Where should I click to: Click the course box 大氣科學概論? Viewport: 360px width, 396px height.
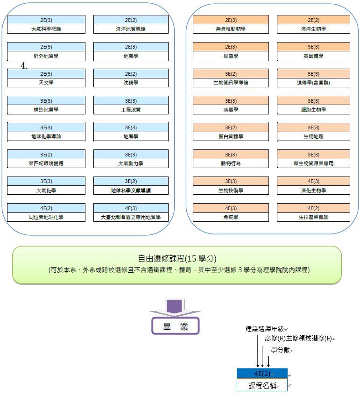pos(46,29)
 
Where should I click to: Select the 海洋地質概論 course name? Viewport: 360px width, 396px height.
pos(131,29)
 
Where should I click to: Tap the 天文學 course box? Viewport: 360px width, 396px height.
pos(46,83)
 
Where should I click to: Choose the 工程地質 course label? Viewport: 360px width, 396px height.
pos(131,110)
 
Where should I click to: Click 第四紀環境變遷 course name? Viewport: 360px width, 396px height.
pos(46,163)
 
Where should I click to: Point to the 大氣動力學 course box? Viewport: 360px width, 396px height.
pos(131,163)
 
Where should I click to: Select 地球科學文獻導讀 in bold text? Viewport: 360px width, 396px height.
pos(131,191)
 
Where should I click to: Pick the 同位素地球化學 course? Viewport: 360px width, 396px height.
pos(46,217)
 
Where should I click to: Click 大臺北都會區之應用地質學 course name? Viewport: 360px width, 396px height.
pos(131,217)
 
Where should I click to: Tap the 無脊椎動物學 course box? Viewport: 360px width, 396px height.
pos(231,29)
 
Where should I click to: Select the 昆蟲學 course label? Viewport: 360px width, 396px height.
pos(231,56)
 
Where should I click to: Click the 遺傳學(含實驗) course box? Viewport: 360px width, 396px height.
pos(313,83)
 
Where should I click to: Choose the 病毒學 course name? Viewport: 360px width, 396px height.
pos(231,110)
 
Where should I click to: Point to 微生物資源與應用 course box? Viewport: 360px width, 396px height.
pos(313,163)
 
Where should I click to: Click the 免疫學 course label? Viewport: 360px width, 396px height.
pos(231,217)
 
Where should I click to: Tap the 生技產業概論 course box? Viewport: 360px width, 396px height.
pos(313,217)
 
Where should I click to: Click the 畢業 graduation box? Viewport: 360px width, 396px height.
pos(175,326)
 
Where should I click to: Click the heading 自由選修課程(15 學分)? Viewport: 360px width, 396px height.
pos(177,259)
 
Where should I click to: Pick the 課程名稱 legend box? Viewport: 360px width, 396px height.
pos(262,386)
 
